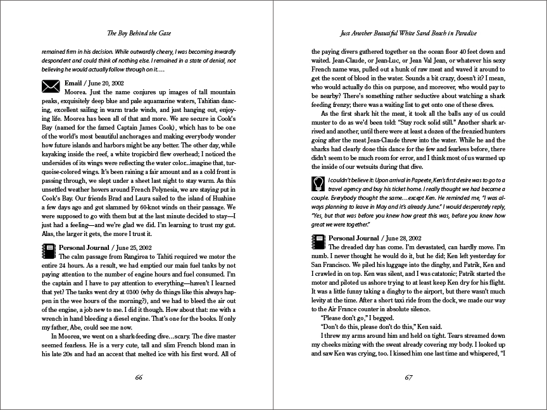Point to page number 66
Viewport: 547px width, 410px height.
pos(138,378)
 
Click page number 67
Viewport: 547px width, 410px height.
pos(408,378)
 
